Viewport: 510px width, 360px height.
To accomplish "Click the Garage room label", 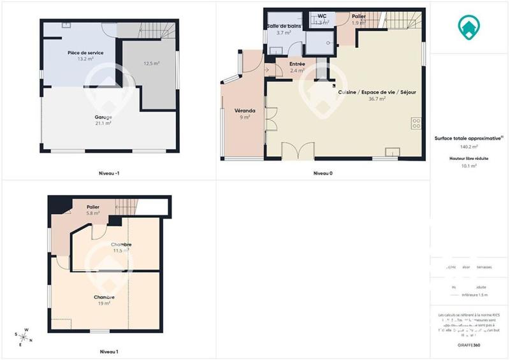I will tap(103, 117).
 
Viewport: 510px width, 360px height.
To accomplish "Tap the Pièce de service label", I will tap(85, 53).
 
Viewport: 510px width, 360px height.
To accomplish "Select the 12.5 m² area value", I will tap(152, 63).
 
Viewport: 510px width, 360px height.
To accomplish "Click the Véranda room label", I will tap(245, 110).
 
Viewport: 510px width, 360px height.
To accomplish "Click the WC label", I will tap(322, 16).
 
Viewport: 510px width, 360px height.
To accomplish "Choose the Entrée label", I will tap(297, 64).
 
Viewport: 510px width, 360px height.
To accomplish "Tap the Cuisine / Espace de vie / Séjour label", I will tap(377, 92).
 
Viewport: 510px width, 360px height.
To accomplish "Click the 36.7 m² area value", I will tap(377, 99).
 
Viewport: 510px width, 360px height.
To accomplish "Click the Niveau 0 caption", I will tap(323, 173).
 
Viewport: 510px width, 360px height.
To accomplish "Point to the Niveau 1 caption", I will tap(109, 351).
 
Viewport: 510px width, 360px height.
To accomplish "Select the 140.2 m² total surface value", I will tap(469, 146).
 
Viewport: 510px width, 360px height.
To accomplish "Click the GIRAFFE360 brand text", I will tap(469, 345).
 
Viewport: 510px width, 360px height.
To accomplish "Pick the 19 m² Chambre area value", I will tap(104, 304).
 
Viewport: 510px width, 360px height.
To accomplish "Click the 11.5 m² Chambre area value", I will tap(121, 251).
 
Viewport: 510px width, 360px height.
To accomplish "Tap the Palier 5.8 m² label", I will tap(93, 210).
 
